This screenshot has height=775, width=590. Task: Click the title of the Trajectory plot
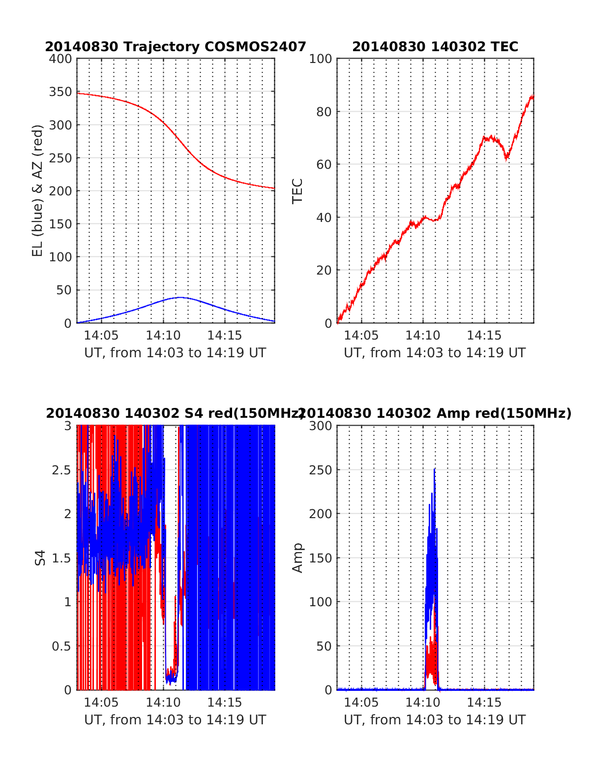click(x=176, y=47)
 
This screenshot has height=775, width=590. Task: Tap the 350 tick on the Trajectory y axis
click(x=60, y=92)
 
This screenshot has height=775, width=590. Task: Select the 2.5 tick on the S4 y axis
click(x=61, y=470)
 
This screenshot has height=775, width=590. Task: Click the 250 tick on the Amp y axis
click(x=321, y=470)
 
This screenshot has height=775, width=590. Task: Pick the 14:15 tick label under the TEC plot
click(x=484, y=336)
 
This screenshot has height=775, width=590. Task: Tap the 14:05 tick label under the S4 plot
click(x=101, y=703)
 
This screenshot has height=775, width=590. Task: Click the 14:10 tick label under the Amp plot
click(x=423, y=703)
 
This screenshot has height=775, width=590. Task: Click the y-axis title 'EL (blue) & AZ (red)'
click(x=38, y=190)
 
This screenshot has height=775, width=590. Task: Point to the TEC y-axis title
click(x=297, y=191)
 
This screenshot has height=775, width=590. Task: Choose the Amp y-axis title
click(x=297, y=558)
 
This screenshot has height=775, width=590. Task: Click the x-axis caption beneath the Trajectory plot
click(x=175, y=353)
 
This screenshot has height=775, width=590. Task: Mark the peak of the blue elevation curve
click(x=180, y=297)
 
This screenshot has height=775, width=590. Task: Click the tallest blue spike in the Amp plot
click(x=434, y=469)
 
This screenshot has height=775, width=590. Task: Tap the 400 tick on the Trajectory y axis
click(x=60, y=59)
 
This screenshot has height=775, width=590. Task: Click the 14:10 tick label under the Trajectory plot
click(x=163, y=336)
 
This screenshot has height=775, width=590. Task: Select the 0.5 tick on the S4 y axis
click(x=61, y=646)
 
